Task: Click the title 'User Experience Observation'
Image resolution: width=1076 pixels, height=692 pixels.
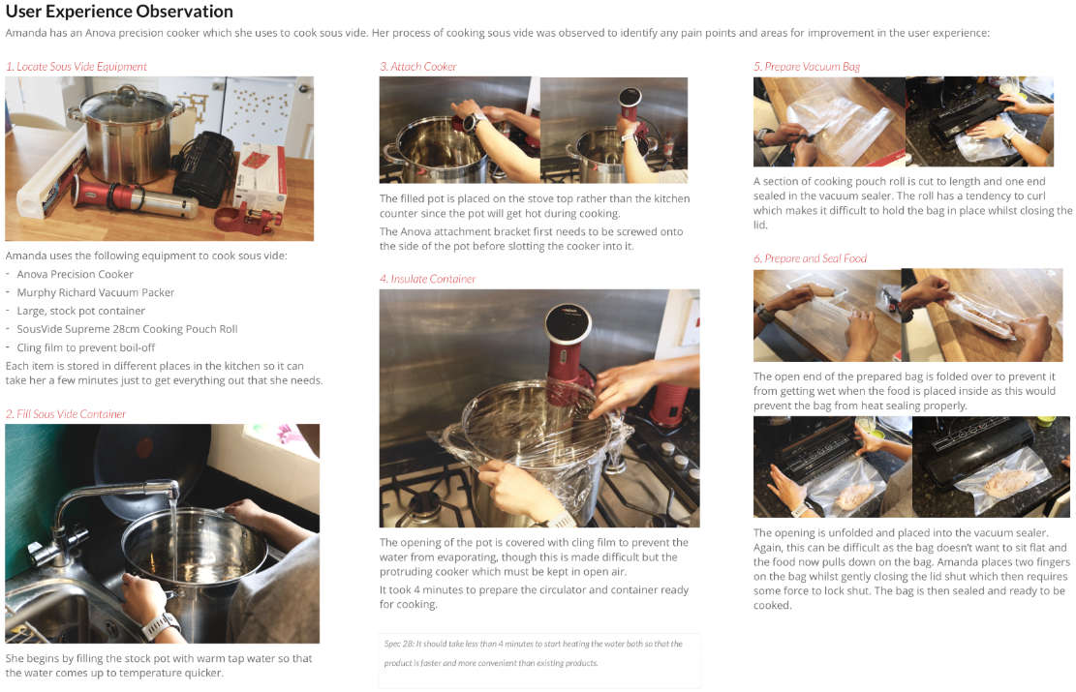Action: pyautogui.click(x=119, y=13)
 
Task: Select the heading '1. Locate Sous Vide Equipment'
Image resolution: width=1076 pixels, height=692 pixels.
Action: pyautogui.click(x=77, y=67)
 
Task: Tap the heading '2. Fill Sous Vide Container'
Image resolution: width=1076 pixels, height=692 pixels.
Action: pyautogui.click(x=66, y=414)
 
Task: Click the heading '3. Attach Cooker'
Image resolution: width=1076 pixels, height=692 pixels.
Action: pyautogui.click(x=418, y=67)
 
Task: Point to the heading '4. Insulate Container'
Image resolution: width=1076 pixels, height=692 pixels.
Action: pyautogui.click(x=428, y=279)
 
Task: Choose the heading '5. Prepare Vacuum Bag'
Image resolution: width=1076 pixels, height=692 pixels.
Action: pyautogui.click(x=807, y=67)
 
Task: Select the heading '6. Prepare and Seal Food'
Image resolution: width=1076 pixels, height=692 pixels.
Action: pyautogui.click(x=811, y=258)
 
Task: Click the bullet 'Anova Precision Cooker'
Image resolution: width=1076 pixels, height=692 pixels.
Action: pyautogui.click(x=76, y=274)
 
